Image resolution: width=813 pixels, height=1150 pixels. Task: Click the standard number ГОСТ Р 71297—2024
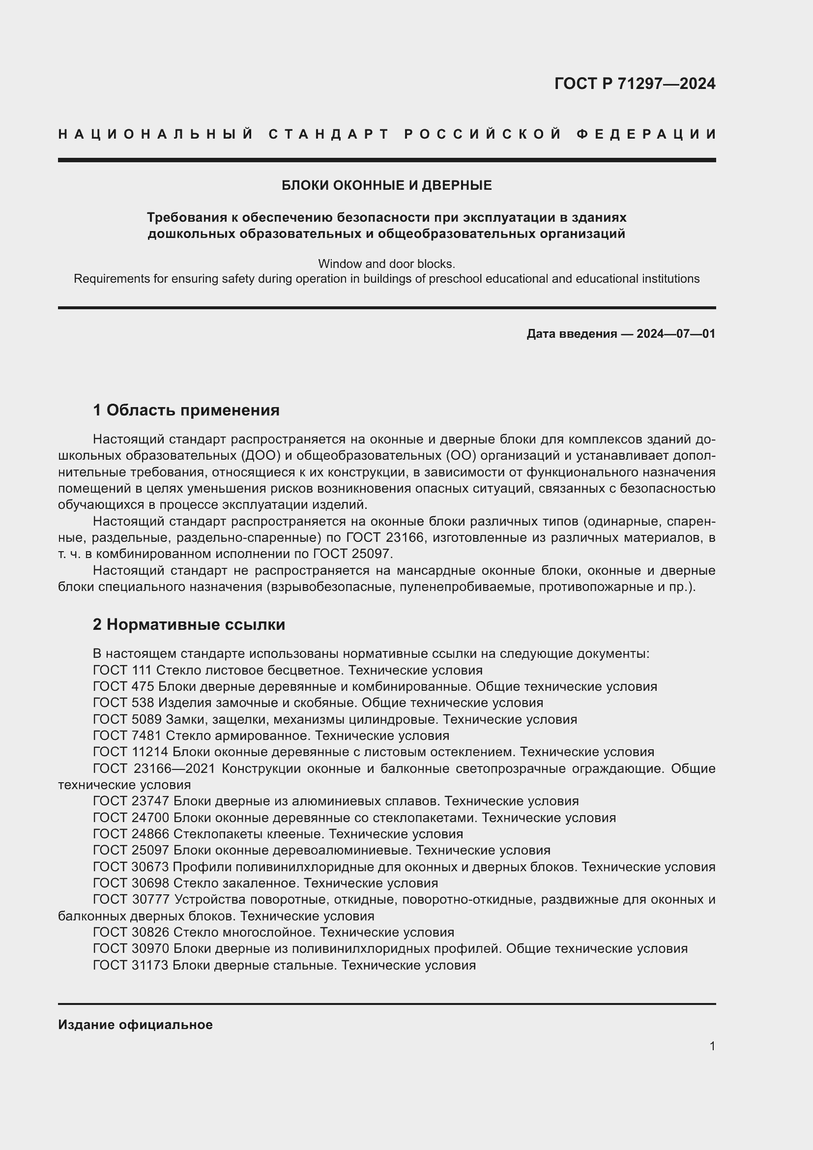click(635, 84)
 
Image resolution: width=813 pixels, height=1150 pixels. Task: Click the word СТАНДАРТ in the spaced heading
click(329, 134)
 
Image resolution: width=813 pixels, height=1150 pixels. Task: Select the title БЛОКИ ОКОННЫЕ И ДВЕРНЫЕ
click(386, 185)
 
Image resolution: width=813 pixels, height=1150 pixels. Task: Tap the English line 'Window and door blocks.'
click(386, 264)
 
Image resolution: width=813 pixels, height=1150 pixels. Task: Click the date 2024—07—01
click(676, 333)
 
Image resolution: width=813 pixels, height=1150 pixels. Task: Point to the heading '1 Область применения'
click(186, 410)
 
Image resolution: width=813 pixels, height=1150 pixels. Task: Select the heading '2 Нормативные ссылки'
click(189, 624)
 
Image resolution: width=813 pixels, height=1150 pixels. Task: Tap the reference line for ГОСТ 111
click(288, 670)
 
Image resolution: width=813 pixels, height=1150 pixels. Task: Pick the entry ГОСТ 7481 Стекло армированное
click(271, 736)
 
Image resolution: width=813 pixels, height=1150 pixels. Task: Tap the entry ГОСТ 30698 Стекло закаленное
click(265, 883)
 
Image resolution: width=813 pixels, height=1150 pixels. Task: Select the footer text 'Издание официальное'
click(135, 1025)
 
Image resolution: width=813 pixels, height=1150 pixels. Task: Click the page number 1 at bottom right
click(712, 1046)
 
